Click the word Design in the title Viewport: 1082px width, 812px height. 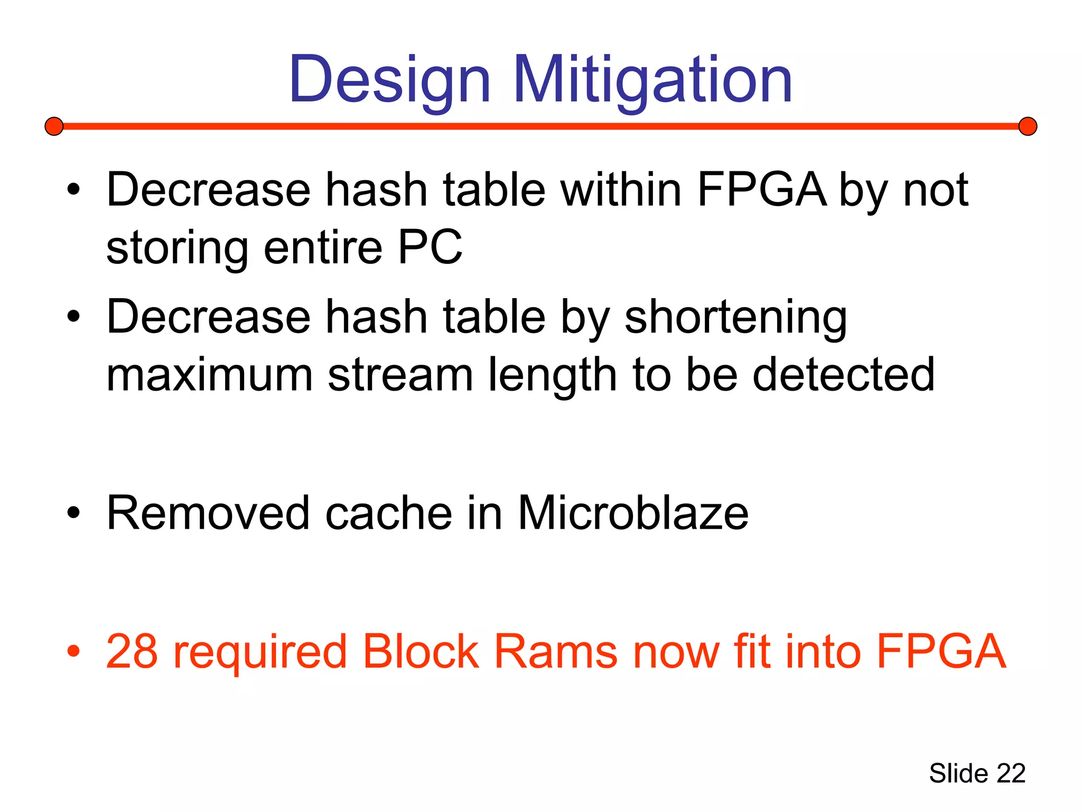coord(390,80)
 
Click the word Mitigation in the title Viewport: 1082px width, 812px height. coord(652,80)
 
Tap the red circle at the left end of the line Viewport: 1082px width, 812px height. coord(54,126)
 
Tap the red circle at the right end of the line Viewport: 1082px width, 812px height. coord(1028,126)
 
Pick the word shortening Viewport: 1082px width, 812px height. coord(735,317)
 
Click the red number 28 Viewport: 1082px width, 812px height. coord(132,651)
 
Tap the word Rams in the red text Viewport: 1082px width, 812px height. coord(555,651)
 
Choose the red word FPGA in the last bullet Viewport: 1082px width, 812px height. coord(941,651)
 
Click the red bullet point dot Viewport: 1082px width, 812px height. coord(73,652)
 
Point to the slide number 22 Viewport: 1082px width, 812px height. coord(1011,773)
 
